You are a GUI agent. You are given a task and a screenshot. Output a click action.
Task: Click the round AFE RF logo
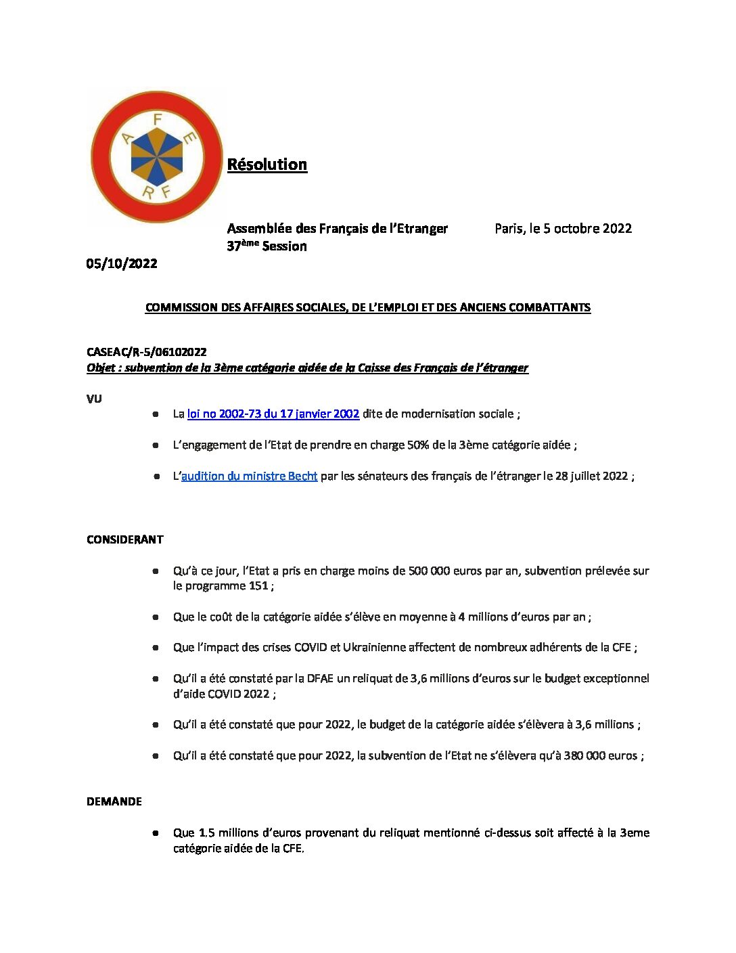pyautogui.click(x=156, y=156)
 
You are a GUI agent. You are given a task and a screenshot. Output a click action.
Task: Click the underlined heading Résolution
pyautogui.click(x=267, y=164)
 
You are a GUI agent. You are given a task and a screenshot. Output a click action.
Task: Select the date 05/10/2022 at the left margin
pyautogui.click(x=122, y=263)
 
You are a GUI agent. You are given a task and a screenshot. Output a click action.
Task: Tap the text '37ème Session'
pyautogui.click(x=267, y=246)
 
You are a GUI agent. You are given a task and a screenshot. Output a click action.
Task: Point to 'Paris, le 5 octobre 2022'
pyautogui.click(x=563, y=228)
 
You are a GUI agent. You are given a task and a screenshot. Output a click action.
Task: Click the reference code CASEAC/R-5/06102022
pyautogui.click(x=147, y=352)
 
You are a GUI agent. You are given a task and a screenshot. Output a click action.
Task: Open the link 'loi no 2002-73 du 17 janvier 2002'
pyautogui.click(x=273, y=414)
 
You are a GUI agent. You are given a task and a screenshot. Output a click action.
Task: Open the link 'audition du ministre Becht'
pyautogui.click(x=249, y=476)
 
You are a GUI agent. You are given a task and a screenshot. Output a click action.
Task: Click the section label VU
pyautogui.click(x=94, y=399)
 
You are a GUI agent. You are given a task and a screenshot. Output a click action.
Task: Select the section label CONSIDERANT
pyautogui.click(x=125, y=539)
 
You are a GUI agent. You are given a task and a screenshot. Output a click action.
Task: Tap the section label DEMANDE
pyautogui.click(x=114, y=801)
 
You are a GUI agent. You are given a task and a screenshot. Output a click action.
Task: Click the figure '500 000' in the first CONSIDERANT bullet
pyautogui.click(x=430, y=571)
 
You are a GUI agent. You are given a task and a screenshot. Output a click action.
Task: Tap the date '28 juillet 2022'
pyautogui.click(x=591, y=476)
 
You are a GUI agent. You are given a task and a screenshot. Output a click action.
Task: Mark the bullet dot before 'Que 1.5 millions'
pyautogui.click(x=156, y=833)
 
